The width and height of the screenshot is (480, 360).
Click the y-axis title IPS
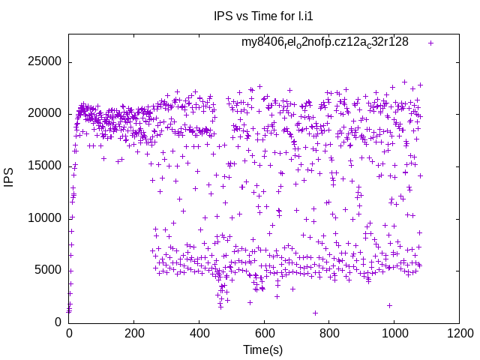pos(9,178)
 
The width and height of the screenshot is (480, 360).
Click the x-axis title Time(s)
pos(263,349)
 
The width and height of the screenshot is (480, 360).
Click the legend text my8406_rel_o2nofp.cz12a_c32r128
pos(325,42)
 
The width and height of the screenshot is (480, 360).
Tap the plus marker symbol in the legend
pos(430,43)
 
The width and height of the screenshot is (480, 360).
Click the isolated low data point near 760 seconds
pos(316,313)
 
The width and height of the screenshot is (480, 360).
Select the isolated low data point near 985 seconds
pos(389,305)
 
